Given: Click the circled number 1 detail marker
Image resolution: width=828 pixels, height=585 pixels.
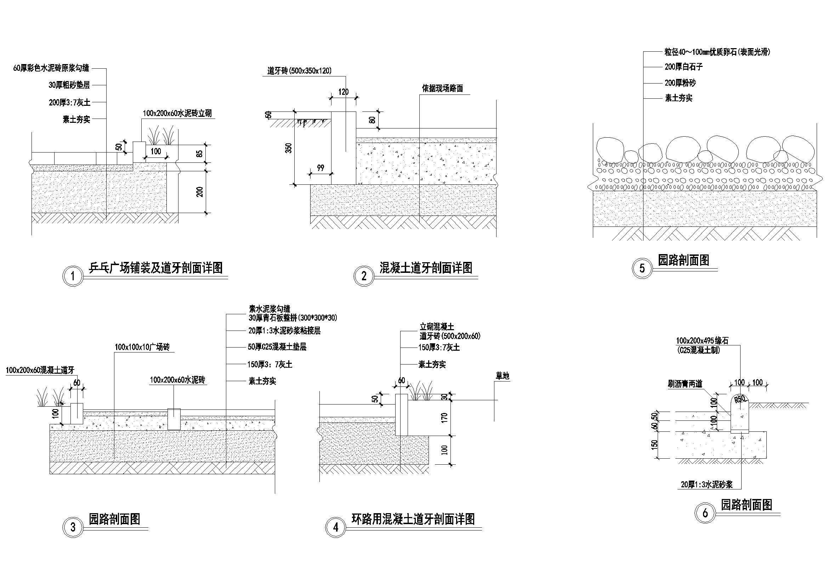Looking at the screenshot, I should point(73,276).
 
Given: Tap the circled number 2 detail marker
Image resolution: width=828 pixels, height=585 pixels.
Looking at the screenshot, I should point(364,276).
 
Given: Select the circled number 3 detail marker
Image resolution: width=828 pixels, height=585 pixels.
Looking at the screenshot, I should point(73,528).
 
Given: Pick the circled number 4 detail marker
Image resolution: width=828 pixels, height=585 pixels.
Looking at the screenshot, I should point(336,528).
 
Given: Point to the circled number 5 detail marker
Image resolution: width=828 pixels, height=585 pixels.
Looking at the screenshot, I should point(642,268).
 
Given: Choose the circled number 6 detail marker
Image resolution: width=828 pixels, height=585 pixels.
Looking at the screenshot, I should point(705,513).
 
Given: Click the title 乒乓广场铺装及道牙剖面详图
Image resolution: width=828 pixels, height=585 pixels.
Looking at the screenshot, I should point(156,268).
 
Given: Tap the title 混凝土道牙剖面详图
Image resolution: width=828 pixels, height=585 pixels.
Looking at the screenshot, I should point(426,268).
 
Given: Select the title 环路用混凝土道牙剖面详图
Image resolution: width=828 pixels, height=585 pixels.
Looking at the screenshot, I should point(413,519).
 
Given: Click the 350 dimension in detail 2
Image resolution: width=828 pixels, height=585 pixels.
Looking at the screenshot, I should point(289,148).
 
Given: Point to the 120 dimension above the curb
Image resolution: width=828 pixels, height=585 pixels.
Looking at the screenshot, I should point(343,92).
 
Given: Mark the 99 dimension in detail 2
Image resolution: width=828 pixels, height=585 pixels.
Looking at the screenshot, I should point(321,168).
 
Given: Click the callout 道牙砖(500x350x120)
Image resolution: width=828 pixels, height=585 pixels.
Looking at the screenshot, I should point(299,71).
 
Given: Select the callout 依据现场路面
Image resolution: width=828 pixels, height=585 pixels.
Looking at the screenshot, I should point(442,89).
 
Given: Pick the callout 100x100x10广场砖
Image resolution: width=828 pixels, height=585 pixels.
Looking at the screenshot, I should point(142,347).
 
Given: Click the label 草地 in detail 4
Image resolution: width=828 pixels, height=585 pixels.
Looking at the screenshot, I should point(502,376).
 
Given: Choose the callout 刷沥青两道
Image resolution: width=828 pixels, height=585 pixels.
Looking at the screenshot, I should point(685,384).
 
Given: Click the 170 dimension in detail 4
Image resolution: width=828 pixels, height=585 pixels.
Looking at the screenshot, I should point(444,417).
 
